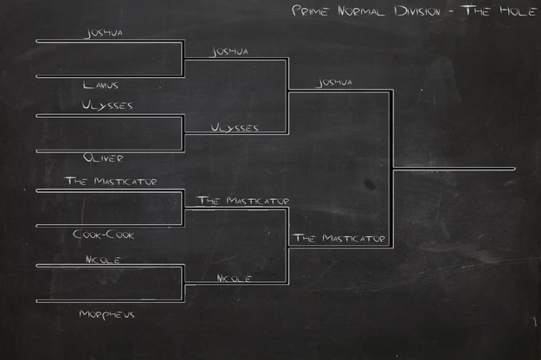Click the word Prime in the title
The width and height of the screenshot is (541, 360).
click(x=310, y=10)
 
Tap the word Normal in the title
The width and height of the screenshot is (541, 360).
click(x=361, y=10)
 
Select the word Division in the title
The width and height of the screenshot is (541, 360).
click(x=417, y=11)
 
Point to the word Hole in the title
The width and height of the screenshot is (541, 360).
click(x=518, y=10)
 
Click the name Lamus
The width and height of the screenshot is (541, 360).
click(x=100, y=85)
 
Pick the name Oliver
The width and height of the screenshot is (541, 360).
click(x=103, y=157)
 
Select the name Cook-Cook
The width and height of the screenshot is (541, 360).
click(x=104, y=235)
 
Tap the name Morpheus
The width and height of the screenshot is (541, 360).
click(x=106, y=314)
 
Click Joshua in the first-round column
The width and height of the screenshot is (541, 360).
click(x=104, y=33)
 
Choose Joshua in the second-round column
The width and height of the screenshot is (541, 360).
click(x=229, y=52)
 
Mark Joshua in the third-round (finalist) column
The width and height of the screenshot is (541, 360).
click(x=334, y=82)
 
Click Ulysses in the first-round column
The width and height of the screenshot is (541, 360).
click(x=107, y=105)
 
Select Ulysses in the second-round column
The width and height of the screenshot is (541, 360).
click(x=235, y=127)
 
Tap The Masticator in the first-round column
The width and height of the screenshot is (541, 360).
click(x=111, y=181)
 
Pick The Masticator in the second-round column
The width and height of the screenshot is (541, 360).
click(x=243, y=201)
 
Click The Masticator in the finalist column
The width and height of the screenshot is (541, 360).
click(x=338, y=238)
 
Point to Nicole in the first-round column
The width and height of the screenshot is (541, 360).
click(x=103, y=260)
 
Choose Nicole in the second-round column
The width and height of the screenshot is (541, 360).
click(x=235, y=278)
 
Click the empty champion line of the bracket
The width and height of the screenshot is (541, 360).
click(x=454, y=169)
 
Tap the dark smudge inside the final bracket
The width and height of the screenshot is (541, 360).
click(x=369, y=183)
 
